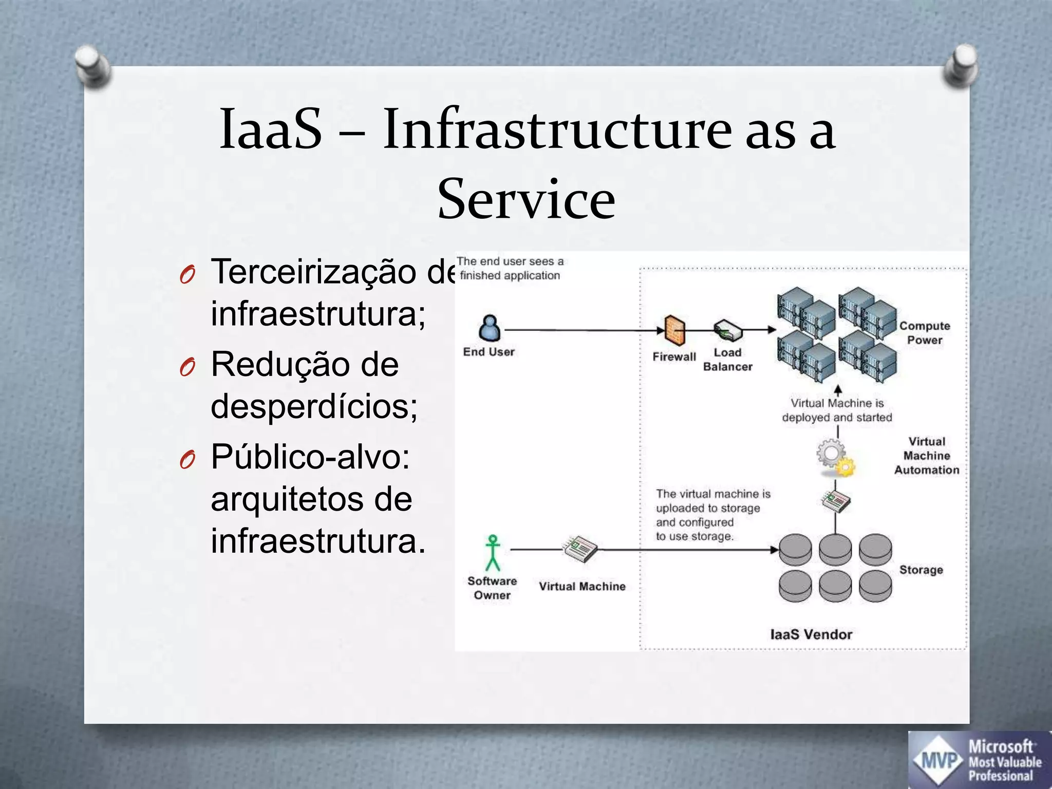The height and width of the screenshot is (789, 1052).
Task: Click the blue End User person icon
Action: click(x=490, y=328)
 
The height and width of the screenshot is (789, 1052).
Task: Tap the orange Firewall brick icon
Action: click(x=674, y=330)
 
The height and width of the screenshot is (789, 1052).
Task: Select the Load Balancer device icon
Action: click(x=728, y=331)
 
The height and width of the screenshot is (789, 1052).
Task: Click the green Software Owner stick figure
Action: click(x=493, y=553)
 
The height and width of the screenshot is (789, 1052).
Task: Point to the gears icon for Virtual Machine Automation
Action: click(x=835, y=457)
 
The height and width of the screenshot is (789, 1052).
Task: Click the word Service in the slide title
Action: click(x=526, y=199)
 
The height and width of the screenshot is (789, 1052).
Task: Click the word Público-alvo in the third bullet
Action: click(x=310, y=456)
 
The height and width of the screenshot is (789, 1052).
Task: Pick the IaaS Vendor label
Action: click(x=811, y=634)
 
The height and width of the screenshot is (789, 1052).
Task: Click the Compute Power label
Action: click(x=924, y=333)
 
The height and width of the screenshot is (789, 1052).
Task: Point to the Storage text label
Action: click(x=921, y=570)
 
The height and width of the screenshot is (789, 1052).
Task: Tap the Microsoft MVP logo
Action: click(x=979, y=760)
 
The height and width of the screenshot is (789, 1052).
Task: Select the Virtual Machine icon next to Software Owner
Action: click(x=580, y=549)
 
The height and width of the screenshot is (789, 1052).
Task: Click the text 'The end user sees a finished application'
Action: click(x=510, y=268)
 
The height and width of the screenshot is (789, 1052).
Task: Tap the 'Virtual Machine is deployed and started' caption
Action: click(x=837, y=410)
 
